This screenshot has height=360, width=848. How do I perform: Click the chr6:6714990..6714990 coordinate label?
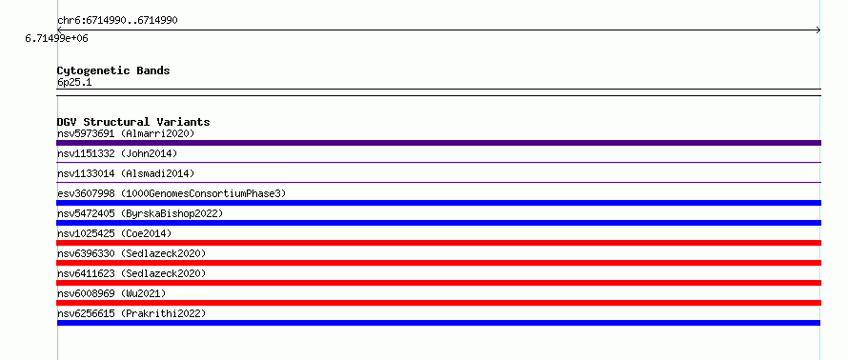click(117, 21)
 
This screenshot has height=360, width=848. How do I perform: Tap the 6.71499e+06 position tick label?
click(57, 38)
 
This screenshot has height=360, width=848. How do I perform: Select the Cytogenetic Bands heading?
click(113, 70)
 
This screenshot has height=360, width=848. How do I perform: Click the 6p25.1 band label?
click(74, 82)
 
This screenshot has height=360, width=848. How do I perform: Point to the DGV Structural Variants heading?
click(133, 122)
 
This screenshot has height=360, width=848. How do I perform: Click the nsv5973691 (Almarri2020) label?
click(126, 133)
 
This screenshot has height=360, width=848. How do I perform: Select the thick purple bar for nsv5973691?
click(438, 143)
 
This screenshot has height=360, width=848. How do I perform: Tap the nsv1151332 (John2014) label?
click(117, 153)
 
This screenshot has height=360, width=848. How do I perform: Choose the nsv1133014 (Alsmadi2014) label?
click(126, 173)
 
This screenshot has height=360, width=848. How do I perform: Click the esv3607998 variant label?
click(86, 193)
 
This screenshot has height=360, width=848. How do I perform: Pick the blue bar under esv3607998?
click(438, 203)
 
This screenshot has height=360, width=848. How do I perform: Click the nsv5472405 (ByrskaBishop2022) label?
click(140, 213)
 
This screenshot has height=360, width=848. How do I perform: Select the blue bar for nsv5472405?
click(438, 223)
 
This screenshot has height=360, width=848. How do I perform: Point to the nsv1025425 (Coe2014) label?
click(114, 233)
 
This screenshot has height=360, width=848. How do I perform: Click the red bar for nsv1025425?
click(438, 243)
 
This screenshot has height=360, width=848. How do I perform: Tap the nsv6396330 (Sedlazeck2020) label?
click(131, 253)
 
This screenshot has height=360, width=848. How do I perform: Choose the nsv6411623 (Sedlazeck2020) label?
click(131, 273)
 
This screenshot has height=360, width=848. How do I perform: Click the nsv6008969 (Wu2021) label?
click(111, 293)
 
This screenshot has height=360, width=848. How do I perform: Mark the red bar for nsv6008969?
click(438, 303)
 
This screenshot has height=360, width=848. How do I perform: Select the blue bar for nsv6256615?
click(438, 323)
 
